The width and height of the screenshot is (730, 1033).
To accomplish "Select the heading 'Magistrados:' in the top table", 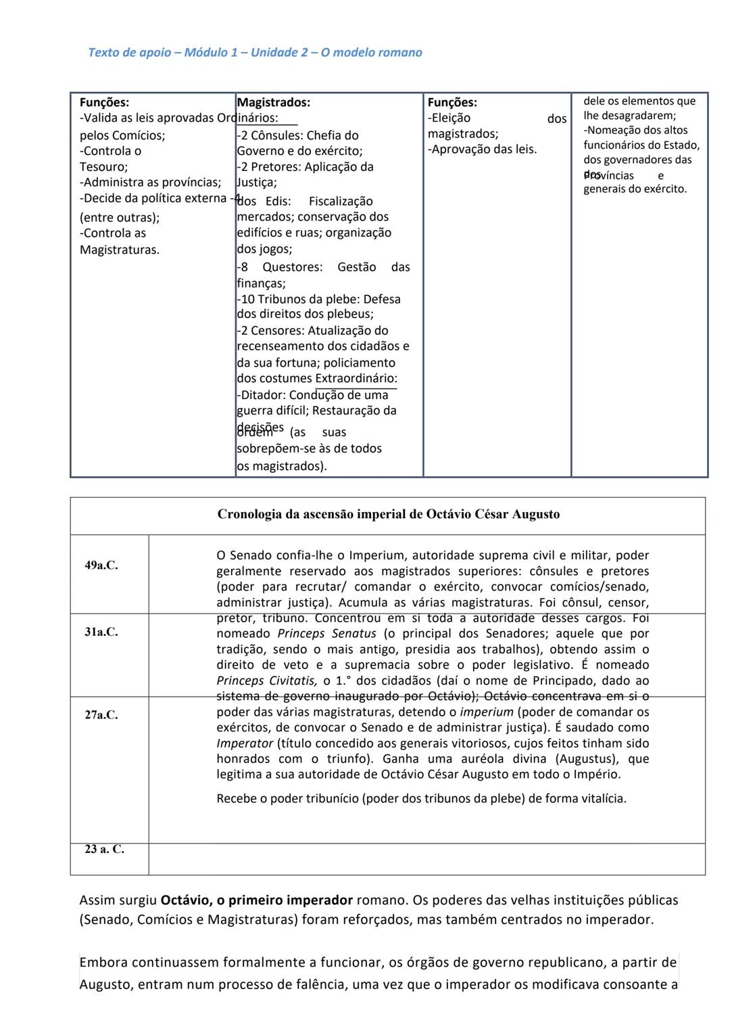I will coord(274,103).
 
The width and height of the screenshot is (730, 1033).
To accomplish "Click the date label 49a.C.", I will coord(101,566).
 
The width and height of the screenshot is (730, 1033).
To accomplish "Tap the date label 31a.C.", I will coord(101,632).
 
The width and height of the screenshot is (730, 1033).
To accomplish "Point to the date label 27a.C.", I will coord(101,714).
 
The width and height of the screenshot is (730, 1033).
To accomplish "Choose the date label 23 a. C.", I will coord(104,850).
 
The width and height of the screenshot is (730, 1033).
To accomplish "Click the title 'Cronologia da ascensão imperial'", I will coord(388,514).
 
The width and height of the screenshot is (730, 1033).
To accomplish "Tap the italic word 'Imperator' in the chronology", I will coord(245,743).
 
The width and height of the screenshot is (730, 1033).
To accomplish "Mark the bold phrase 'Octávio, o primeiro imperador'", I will coord(256,900).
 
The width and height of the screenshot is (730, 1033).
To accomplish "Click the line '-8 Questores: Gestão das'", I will coord(323,267).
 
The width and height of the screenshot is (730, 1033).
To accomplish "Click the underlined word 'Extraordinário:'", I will coord(356,379).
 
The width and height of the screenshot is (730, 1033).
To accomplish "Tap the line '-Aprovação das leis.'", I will coord(482,150).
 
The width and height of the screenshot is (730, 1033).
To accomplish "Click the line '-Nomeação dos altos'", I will coord(635,131).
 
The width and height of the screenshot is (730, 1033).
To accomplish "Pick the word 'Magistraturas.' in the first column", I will coord(120,250).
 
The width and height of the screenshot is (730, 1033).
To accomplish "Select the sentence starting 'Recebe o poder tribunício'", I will coord(421,798).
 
